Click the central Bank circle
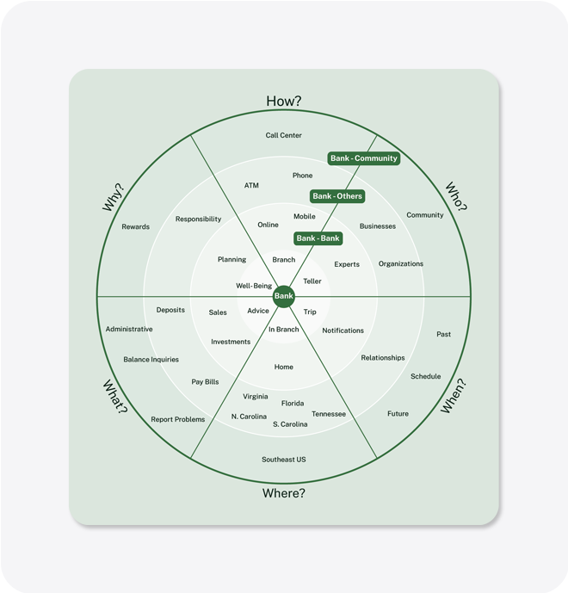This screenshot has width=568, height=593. (284, 296)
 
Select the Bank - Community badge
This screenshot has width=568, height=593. (364, 158)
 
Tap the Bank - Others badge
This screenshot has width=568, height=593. (337, 196)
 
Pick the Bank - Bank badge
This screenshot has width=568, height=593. (318, 238)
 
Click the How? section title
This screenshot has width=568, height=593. (284, 101)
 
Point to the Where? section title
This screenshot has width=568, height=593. (284, 493)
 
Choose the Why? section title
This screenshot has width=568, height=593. (113, 197)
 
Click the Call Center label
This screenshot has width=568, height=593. (284, 135)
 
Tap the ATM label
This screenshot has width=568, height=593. (251, 185)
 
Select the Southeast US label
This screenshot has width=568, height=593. (284, 460)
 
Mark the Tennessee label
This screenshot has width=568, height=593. (329, 414)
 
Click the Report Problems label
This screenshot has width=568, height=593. (178, 419)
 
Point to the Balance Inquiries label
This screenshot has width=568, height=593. (151, 360)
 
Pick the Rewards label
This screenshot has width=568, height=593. (135, 227)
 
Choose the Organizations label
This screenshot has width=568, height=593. (401, 264)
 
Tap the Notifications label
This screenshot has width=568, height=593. (343, 330)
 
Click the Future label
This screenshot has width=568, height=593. (398, 414)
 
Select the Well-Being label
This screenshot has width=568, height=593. (254, 286)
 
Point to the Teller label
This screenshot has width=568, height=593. (312, 281)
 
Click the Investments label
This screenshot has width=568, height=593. (231, 342)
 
